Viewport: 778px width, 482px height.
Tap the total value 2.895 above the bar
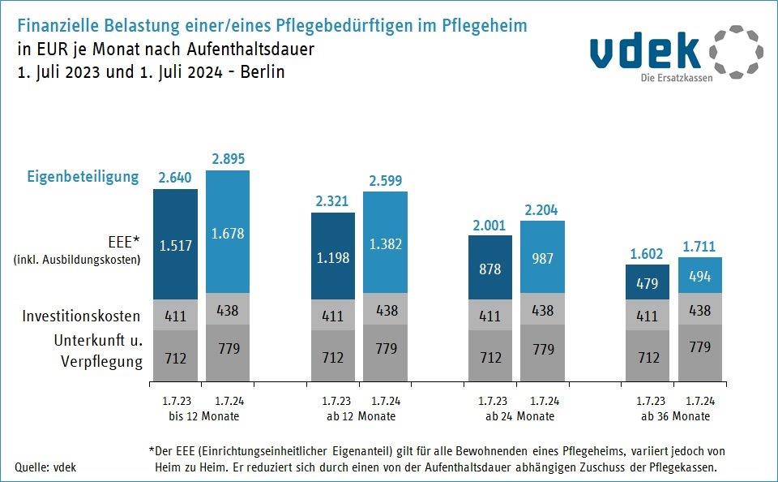pyautogui.click(x=228, y=159)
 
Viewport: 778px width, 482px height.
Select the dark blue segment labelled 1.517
pyautogui.click(x=175, y=244)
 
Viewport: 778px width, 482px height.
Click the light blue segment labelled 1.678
pyautogui.click(x=228, y=234)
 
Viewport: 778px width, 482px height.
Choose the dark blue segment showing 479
pyautogui.click(x=648, y=282)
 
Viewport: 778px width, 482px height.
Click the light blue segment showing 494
pyautogui.click(x=699, y=276)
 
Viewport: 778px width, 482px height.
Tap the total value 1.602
pyautogui.click(x=648, y=253)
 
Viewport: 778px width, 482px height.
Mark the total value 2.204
pyautogui.click(x=542, y=209)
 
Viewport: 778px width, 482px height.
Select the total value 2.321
pyautogui.click(x=333, y=201)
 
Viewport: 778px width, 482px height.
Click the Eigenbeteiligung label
pyautogui.click(x=83, y=176)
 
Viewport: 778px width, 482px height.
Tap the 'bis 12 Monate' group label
pyautogui.click(x=199, y=416)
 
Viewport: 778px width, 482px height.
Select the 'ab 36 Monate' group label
pyautogui.click(x=675, y=416)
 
